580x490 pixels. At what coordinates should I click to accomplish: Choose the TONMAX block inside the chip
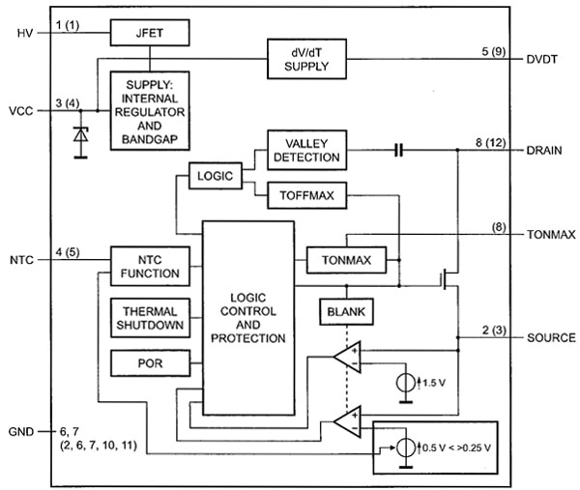click(345, 261)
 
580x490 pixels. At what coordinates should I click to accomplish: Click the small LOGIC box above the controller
click(215, 177)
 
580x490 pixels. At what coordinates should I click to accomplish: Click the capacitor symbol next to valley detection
click(397, 151)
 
